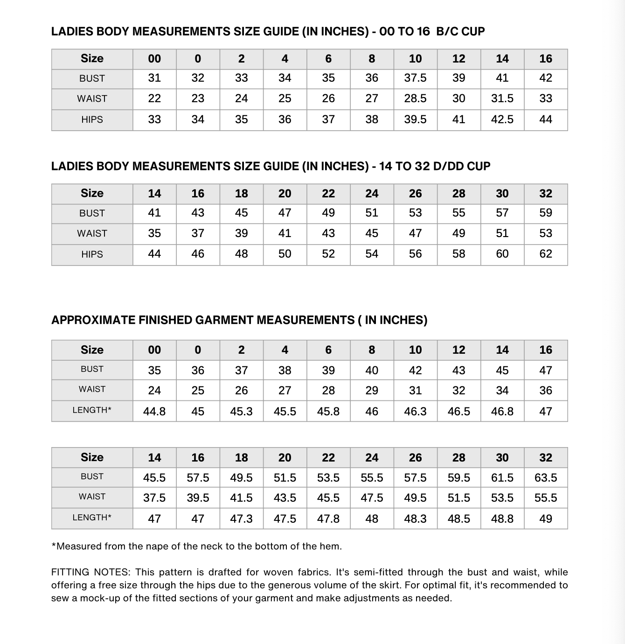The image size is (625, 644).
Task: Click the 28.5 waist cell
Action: [415, 98]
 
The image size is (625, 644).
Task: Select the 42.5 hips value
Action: [502, 119]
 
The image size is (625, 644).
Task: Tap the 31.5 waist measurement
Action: [502, 98]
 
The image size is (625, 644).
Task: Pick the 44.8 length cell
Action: [154, 411]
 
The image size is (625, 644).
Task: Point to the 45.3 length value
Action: [241, 411]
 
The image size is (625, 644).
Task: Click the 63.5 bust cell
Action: [545, 478]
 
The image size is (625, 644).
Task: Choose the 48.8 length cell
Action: [502, 518]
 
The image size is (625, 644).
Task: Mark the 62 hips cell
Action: [545, 254]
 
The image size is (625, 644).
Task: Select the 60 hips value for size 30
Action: [502, 254]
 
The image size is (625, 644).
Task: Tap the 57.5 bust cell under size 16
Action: [198, 478]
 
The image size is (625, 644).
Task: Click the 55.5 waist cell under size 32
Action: [545, 498]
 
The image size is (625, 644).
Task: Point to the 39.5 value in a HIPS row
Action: [415, 119]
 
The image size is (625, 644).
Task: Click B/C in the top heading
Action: [447, 31]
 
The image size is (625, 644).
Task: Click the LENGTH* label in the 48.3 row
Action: [92, 518]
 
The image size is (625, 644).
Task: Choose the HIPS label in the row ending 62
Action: [92, 254]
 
